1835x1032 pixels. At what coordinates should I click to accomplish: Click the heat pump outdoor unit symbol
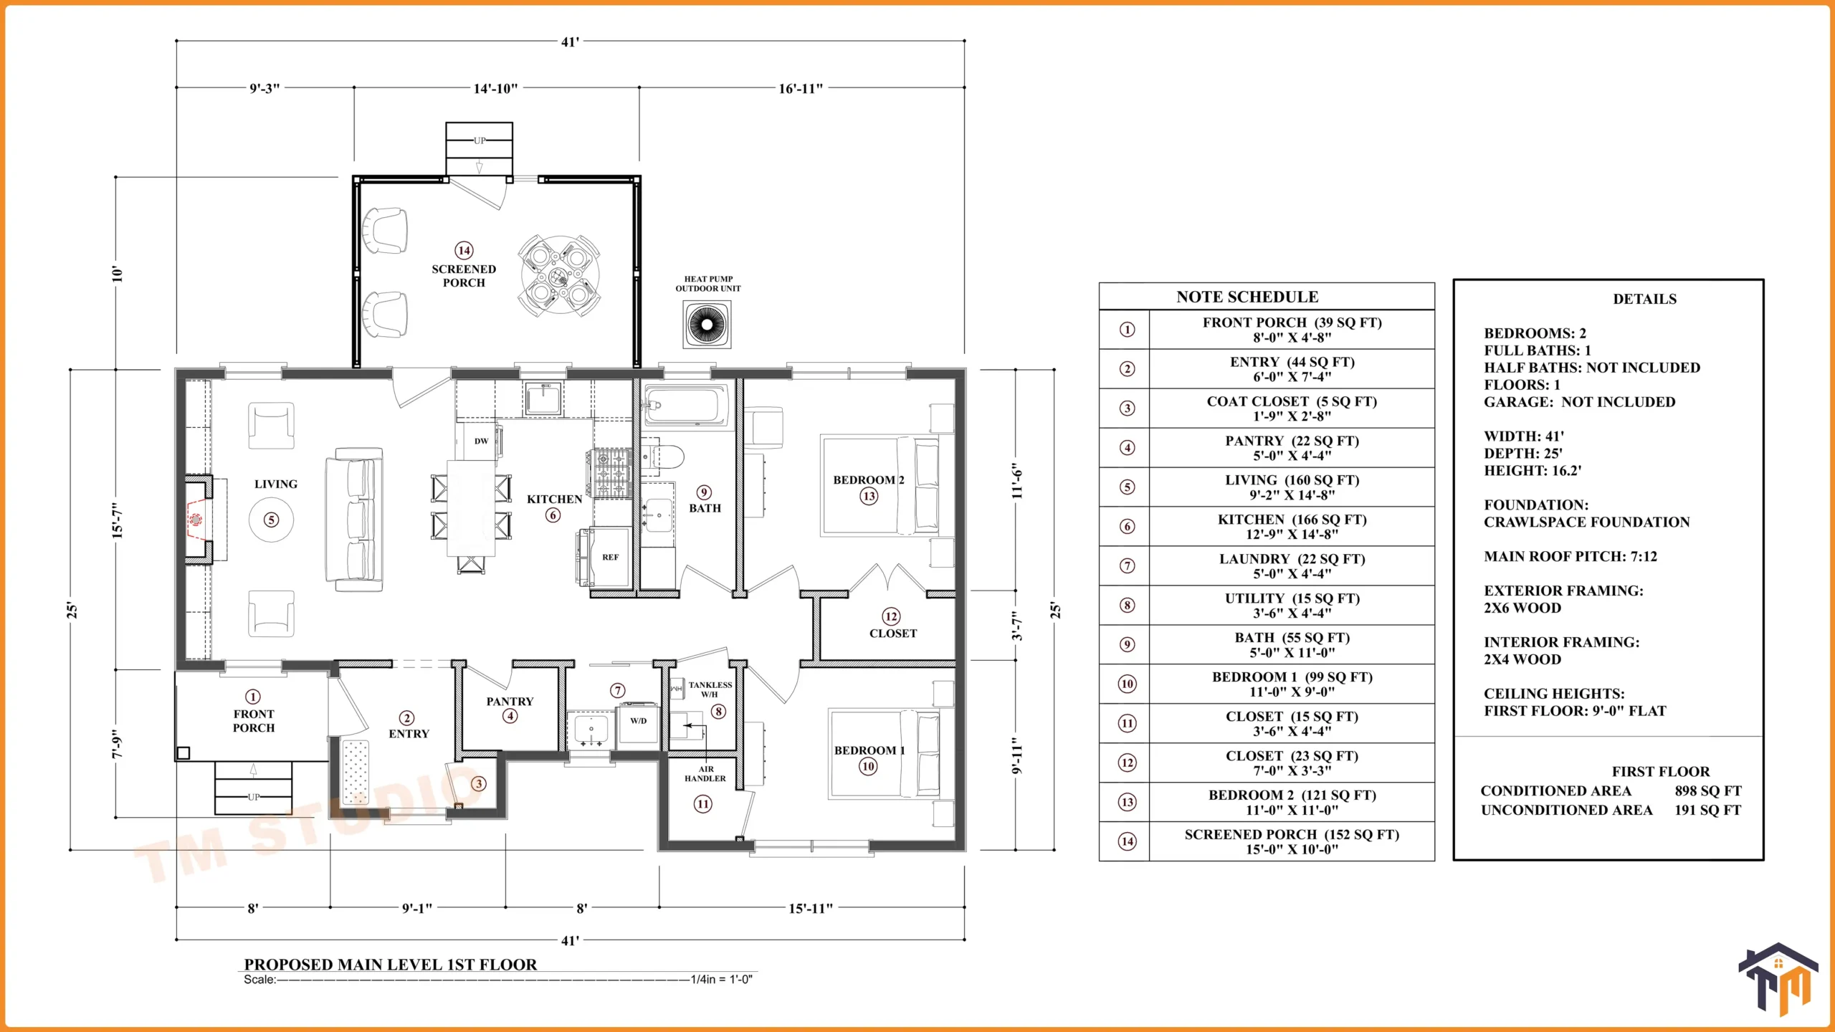[x=707, y=325]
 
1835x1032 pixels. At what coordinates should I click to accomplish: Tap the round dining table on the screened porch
[x=559, y=275]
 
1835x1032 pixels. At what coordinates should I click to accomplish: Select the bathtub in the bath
[x=686, y=406]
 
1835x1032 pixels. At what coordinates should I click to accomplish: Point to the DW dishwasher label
[x=481, y=441]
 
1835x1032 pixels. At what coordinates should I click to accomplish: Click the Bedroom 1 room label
[x=869, y=750]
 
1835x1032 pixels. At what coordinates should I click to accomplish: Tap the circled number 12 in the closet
[x=891, y=616]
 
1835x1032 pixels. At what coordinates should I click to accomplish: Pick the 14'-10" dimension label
[x=495, y=89]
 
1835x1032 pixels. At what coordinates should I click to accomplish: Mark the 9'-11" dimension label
[x=1017, y=755]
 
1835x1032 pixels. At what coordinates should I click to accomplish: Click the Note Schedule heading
[x=1247, y=297]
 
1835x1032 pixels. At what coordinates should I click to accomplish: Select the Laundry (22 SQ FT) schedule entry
[x=1292, y=566]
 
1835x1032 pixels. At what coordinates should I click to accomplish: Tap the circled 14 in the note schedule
[x=1128, y=841]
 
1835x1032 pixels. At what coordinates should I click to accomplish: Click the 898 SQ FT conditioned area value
[x=1708, y=791]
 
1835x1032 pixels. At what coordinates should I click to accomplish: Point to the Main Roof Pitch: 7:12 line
[x=1571, y=556]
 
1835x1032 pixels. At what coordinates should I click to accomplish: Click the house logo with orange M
[x=1778, y=978]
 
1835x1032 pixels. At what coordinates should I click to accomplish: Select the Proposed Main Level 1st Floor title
[x=391, y=965]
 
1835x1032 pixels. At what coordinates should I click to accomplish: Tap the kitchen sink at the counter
[x=543, y=398]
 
